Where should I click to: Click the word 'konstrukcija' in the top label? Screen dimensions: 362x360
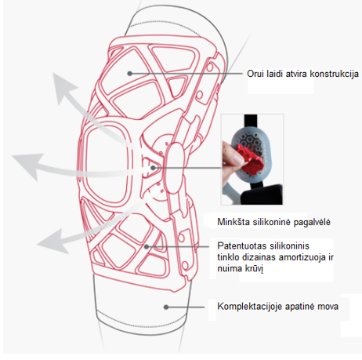[334, 74]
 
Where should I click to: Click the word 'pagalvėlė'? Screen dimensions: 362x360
[312, 223]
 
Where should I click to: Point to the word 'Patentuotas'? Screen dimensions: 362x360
[241, 246]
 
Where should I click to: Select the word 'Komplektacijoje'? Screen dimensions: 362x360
[249, 307]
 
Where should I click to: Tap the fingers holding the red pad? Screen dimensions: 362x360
[232, 154]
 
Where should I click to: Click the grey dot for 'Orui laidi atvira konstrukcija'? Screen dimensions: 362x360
[129, 74]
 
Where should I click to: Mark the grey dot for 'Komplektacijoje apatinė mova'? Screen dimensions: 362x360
[166, 307]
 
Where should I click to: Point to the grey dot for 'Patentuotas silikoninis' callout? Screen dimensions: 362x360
[147, 246]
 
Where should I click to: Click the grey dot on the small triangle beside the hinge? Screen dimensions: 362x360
[153, 168]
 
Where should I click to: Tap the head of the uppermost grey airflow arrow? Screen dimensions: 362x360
[62, 86]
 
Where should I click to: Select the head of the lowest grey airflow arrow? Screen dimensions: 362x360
[52, 242]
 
